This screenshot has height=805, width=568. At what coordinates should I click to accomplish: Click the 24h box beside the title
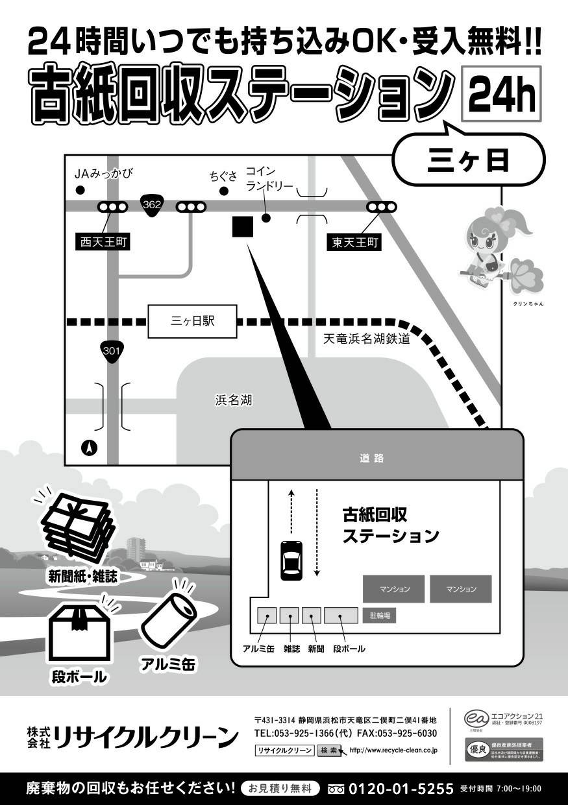500,95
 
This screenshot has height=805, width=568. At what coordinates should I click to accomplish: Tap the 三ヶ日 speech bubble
468,161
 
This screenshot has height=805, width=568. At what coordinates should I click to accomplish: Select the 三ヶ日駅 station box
192,322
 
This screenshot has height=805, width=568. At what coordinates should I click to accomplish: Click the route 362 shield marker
152,206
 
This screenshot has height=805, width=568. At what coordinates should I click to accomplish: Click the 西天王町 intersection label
104,243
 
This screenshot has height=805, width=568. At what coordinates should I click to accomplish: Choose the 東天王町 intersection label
354,243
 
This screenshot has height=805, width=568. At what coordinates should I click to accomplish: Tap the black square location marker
242,227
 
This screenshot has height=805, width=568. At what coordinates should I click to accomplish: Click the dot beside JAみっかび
80,190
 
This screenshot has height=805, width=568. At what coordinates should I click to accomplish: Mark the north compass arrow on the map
90,447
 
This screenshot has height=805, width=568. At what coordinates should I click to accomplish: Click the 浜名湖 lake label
234,400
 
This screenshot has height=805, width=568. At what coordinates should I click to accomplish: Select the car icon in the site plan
291,560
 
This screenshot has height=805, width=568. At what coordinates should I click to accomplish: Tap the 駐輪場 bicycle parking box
380,615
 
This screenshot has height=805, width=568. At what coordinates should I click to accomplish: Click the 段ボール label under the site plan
349,649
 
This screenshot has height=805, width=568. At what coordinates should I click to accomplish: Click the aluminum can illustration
169,617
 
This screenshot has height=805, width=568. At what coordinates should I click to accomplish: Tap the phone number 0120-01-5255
401,789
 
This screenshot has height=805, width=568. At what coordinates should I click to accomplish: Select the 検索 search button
329,750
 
